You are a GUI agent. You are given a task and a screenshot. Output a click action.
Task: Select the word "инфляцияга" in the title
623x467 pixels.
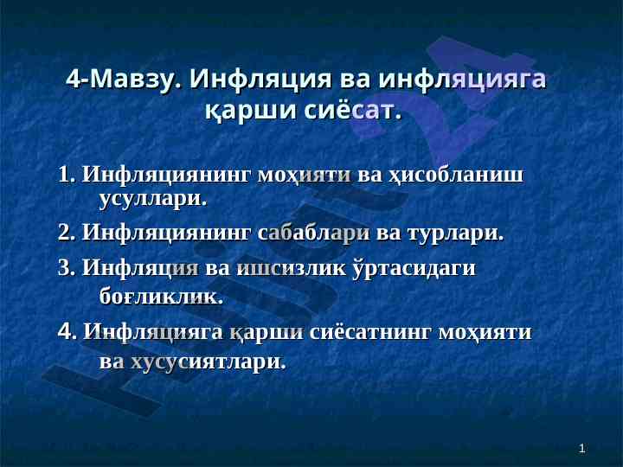point(462,79)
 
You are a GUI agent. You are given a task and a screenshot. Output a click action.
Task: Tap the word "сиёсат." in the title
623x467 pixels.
point(353,110)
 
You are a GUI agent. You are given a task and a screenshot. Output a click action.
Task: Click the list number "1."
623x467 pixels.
point(67,175)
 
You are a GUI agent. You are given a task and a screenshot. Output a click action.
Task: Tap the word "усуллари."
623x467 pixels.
point(153,199)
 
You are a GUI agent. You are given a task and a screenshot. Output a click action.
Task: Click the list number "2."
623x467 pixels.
point(67,233)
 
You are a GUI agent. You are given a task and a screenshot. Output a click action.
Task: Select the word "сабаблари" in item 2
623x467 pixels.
point(313,233)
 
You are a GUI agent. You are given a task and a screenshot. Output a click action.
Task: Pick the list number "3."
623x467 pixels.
point(67,267)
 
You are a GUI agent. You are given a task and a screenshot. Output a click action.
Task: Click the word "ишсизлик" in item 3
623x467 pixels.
point(292,268)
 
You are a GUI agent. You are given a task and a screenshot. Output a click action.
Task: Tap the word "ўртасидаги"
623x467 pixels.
point(414,268)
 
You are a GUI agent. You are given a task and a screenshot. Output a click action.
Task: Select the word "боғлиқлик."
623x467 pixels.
point(161,296)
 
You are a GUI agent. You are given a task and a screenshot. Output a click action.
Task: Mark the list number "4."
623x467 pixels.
point(67,330)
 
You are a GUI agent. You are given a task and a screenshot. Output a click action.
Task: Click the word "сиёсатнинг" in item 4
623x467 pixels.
point(370,331)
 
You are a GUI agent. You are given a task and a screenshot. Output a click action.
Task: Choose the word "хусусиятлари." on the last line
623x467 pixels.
point(209,361)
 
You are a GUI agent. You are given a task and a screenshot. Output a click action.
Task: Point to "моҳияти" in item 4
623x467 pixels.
point(485,331)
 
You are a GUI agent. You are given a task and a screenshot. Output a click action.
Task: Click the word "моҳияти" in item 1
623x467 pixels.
point(305,175)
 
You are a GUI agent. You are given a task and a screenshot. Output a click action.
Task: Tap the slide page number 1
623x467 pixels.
point(582,449)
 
